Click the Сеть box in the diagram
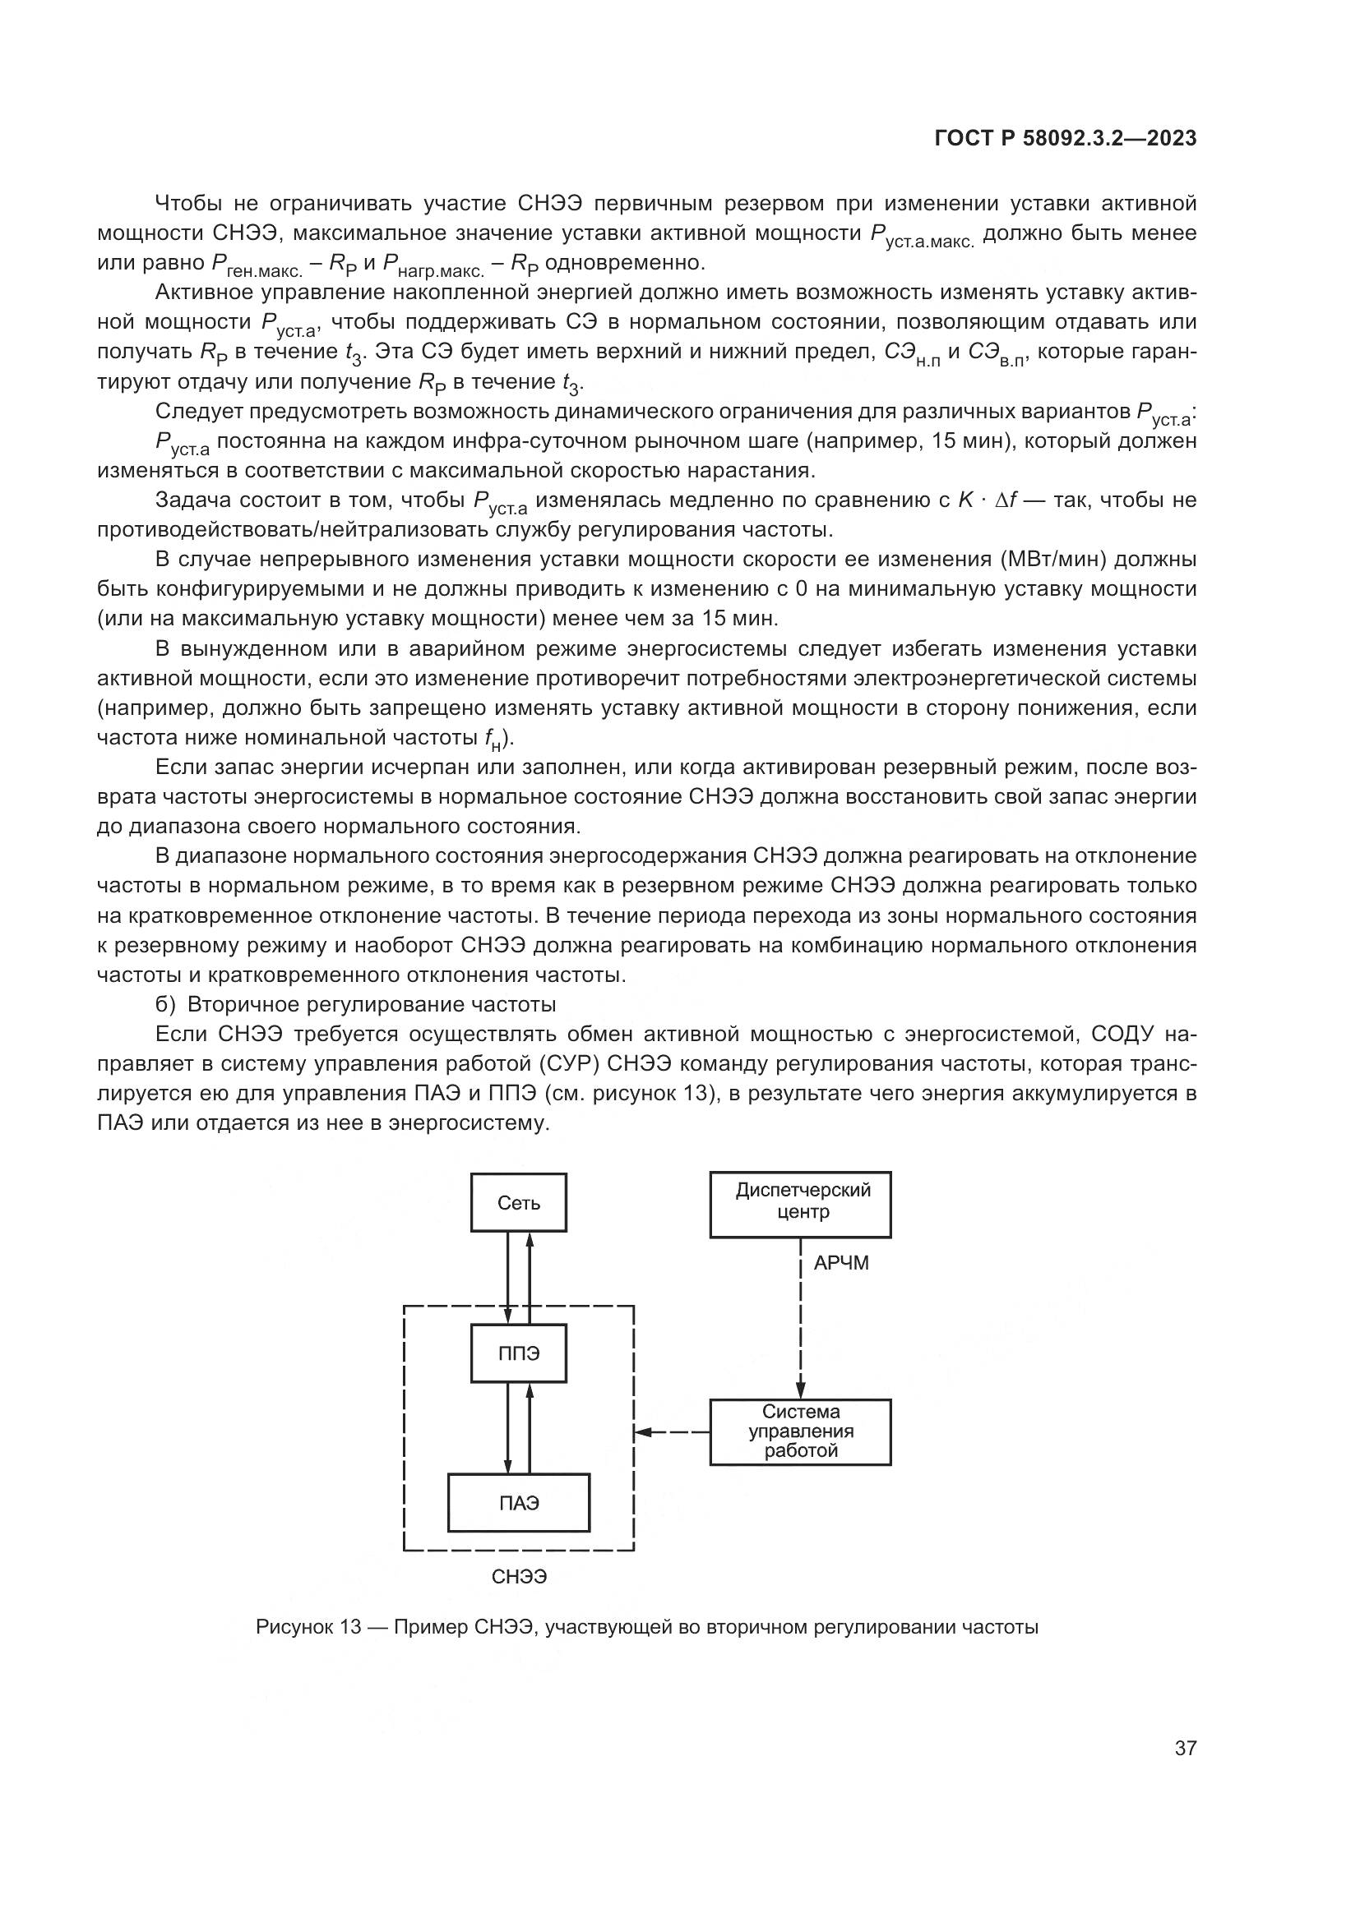pos(518,1203)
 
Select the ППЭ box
pos(518,1353)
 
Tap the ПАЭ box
pos(518,1503)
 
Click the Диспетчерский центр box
pos(800,1204)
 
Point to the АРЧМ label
pos(841,1263)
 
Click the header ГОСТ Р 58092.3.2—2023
pos(1065,139)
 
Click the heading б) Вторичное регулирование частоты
pos(356,1003)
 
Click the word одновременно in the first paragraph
pos(625,263)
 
